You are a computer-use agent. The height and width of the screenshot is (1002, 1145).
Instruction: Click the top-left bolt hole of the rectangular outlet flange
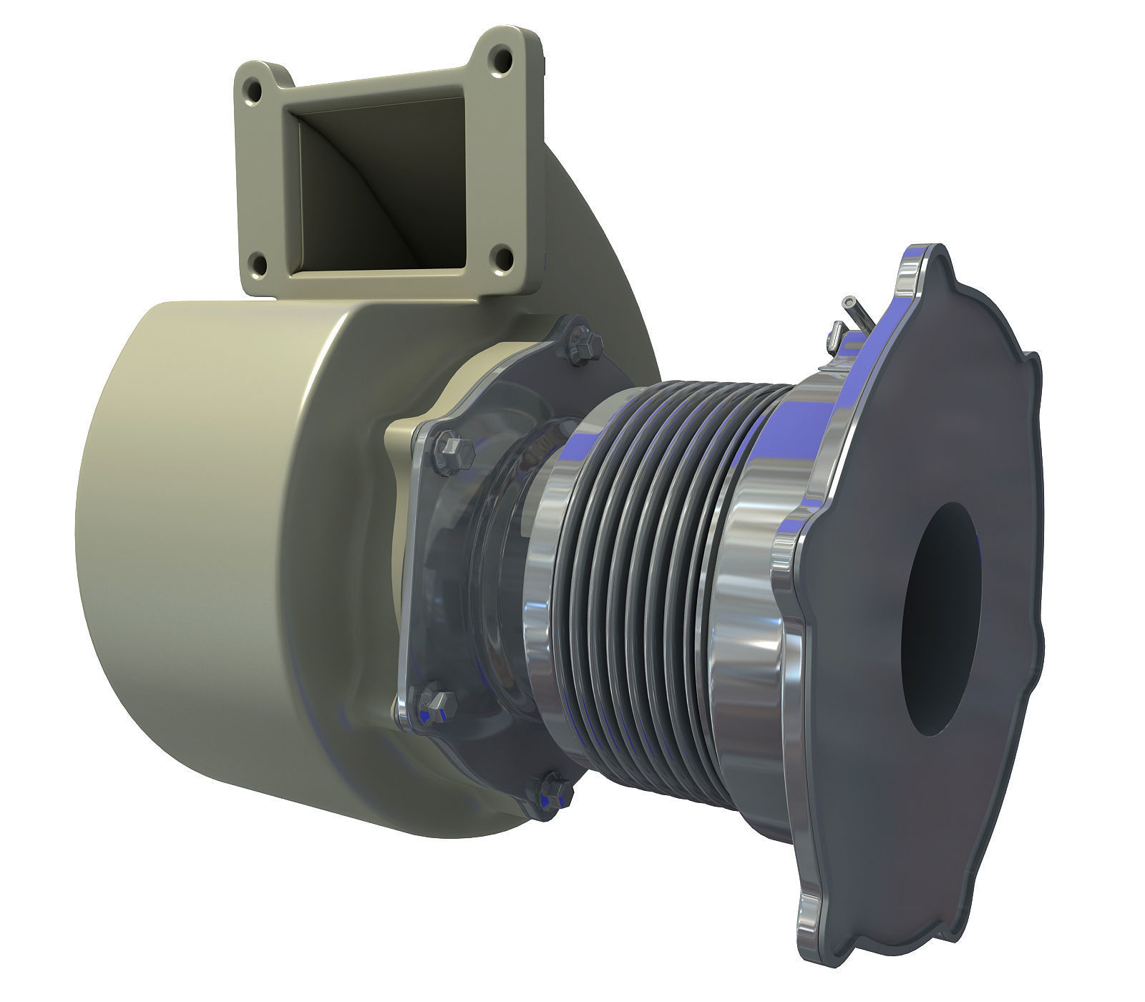pos(252,90)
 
